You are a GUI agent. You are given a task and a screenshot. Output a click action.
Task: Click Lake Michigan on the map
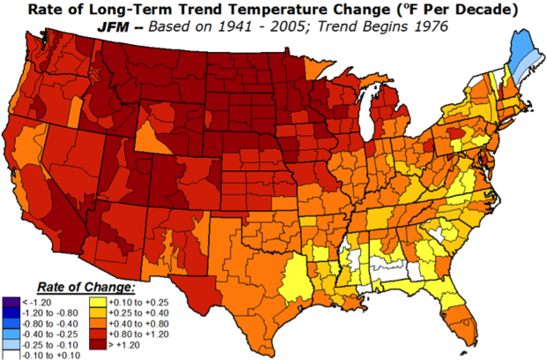[x=369, y=115]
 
